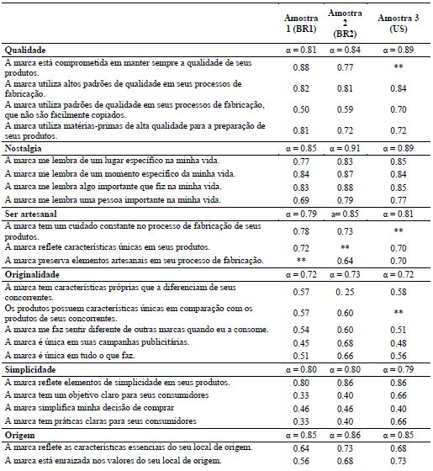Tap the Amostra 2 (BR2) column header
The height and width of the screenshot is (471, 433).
[x=346, y=24]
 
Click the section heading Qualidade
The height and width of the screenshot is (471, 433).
[x=26, y=50]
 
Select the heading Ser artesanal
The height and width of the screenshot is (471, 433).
[x=31, y=214]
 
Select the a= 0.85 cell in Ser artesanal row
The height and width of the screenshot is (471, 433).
[x=346, y=214]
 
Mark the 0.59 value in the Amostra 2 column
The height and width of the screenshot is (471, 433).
[x=346, y=109]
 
